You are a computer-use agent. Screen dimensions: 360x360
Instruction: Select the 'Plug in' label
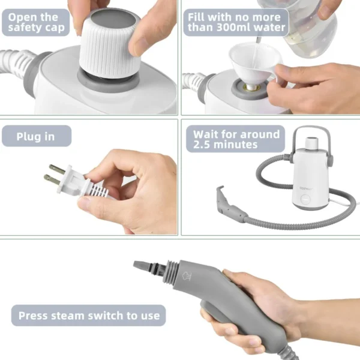(x=36, y=137)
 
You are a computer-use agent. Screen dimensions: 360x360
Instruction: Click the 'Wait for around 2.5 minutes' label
(x=236, y=139)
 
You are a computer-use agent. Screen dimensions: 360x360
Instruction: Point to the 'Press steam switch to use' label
(x=89, y=315)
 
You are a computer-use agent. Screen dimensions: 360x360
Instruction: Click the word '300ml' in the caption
(x=256, y=28)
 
